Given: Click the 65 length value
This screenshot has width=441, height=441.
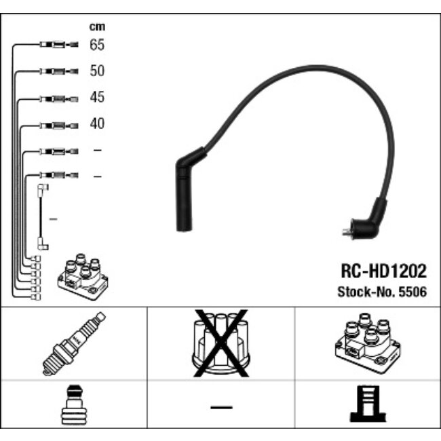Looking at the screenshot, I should tap(97, 45).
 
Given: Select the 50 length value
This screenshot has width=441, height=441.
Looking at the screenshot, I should tap(97, 71).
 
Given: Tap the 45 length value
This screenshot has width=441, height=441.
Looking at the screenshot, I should tap(97, 98).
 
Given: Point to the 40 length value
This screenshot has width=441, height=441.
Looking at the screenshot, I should tap(97, 124).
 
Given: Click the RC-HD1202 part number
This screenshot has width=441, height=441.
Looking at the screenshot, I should tap(383, 271).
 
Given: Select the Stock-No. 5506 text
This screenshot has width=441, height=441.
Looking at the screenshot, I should tap(382, 292).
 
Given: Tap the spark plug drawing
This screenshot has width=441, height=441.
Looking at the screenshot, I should tap(74, 343).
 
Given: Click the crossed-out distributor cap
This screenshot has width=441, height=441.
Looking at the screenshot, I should tap(221, 343).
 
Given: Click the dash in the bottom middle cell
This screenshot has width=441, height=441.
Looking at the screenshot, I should tap(221, 407).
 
